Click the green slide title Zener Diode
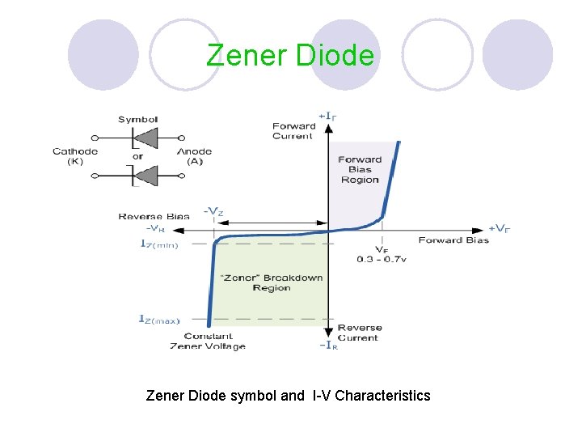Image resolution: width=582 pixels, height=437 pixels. tap(290, 55)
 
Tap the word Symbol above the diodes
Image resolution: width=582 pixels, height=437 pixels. tap(137, 119)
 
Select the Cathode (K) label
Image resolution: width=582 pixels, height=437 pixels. tap(75, 156)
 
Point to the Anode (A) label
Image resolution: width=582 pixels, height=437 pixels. tap(194, 156)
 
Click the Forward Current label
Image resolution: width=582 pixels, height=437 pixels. tap(293, 131)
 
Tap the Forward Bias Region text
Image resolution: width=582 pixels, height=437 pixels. tap(360, 169)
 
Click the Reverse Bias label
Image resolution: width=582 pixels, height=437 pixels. tap(154, 217)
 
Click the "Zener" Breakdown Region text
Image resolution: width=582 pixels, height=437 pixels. tap(271, 282)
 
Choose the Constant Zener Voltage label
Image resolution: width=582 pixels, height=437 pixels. tap(208, 341)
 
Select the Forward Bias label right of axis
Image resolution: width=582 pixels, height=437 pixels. tap(453, 240)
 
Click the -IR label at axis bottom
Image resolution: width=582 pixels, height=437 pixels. tap(327, 345)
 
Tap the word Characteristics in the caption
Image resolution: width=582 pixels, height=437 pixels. tap(382, 396)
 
